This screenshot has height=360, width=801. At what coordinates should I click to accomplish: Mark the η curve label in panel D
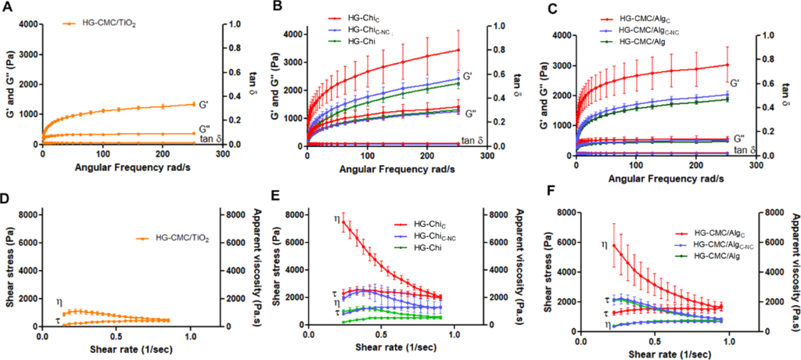tap(59, 301)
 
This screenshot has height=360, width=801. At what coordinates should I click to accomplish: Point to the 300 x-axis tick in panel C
tap(755, 166)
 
